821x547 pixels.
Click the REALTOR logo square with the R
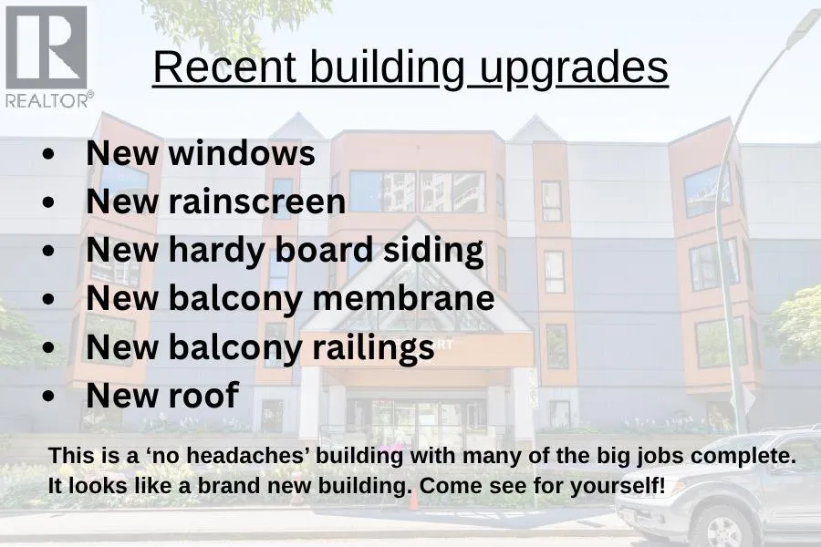coord(47,47)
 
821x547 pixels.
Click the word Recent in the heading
coord(225,67)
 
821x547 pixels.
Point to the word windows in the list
coord(242,153)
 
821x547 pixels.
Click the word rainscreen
coord(257,202)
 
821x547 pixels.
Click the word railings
coord(373,348)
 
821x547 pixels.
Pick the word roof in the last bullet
coord(204,395)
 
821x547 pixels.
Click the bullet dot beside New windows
coord(48,154)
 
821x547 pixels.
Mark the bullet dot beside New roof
coord(48,397)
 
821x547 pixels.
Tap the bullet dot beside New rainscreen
coord(48,202)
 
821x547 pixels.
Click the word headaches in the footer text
coord(248,456)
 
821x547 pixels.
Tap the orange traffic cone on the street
coord(413,501)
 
